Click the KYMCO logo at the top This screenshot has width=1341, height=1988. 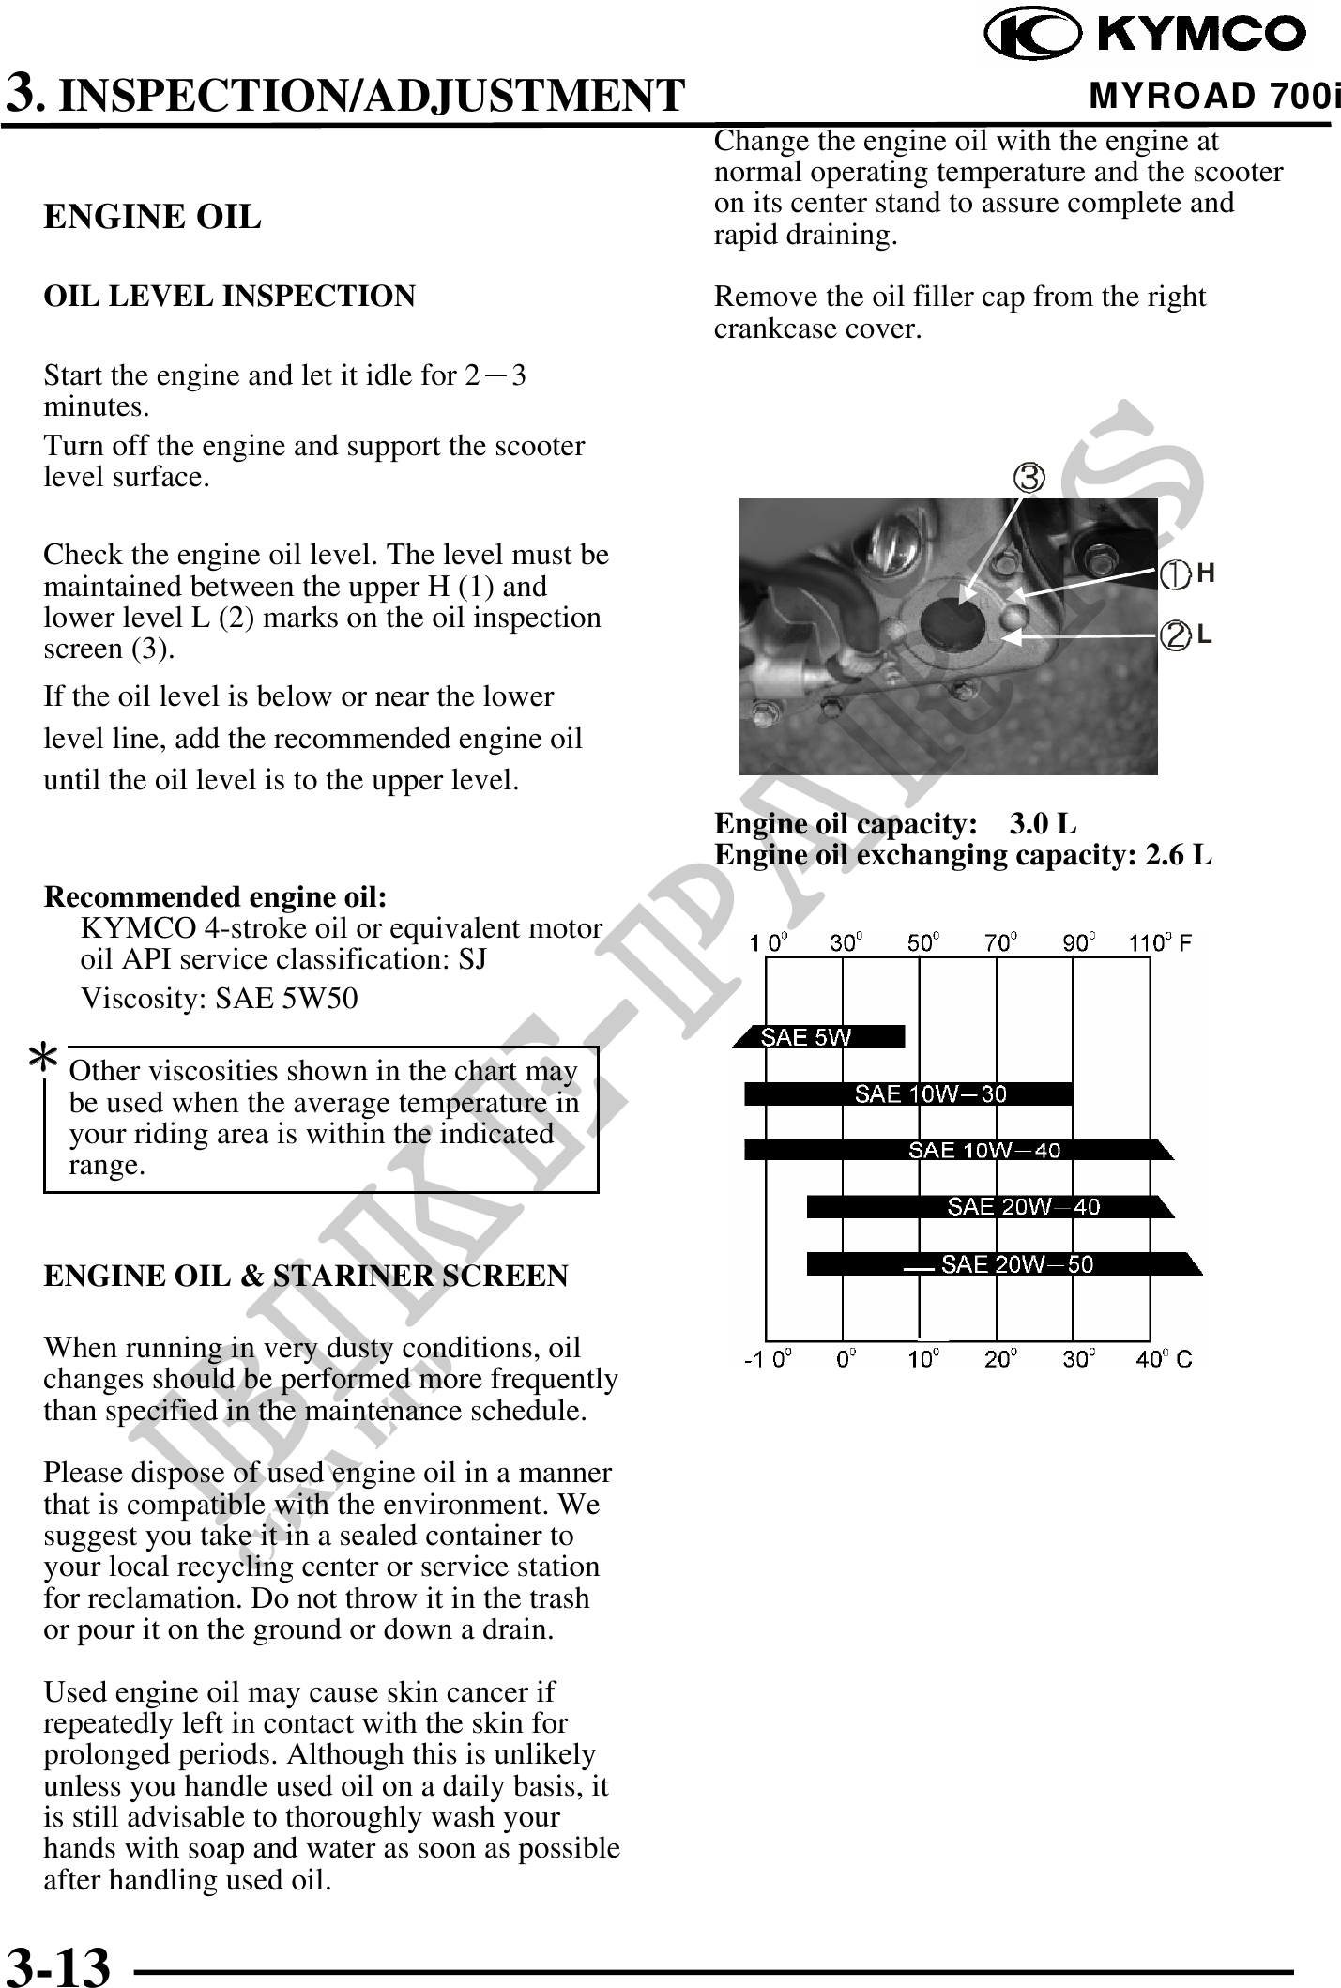tap(1145, 35)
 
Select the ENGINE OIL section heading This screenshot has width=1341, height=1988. tap(152, 217)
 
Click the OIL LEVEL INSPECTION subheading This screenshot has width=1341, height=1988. tap(229, 297)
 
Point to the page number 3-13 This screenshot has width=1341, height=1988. tap(58, 1965)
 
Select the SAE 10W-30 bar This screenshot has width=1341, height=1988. tap(908, 1093)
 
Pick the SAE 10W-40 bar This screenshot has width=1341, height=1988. tap(957, 1150)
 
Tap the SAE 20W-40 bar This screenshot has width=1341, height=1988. tap(989, 1207)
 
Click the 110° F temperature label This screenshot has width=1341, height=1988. tap(1160, 942)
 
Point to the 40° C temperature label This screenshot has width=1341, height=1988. tap(1164, 1358)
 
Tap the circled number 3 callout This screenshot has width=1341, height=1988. tap(1029, 479)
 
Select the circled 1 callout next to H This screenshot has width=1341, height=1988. tap(1174, 574)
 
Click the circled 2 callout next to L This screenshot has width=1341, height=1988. tap(1174, 635)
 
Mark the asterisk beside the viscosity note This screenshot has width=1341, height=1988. tap(42, 1059)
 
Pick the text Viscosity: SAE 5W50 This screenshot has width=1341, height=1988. tap(220, 999)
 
